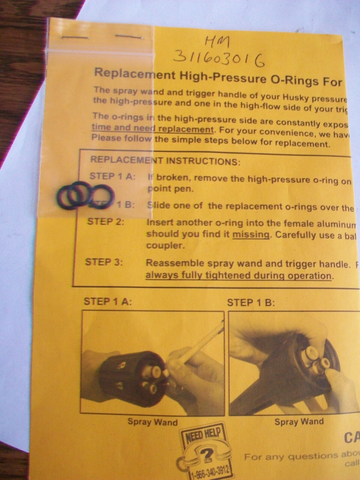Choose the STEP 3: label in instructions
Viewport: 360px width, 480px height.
tap(104, 262)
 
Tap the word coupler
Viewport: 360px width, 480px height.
tap(164, 246)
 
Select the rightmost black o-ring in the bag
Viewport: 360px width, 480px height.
tap(102, 196)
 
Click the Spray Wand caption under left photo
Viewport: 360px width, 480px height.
tap(152, 422)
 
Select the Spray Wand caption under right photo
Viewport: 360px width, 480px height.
tap(299, 421)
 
